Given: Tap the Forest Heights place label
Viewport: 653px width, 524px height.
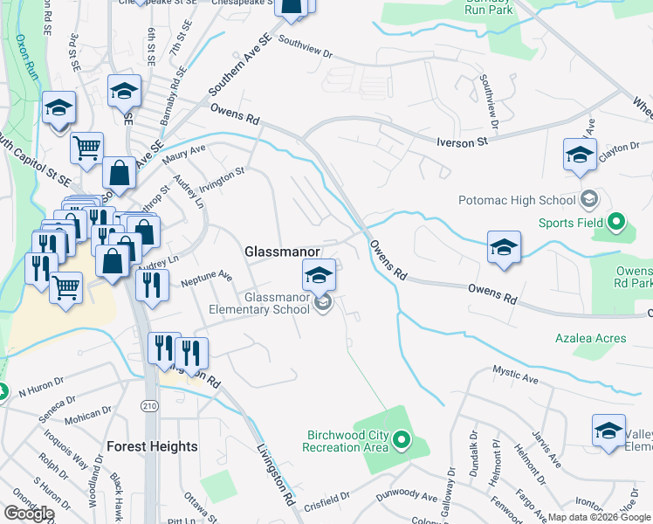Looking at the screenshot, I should click(152, 446).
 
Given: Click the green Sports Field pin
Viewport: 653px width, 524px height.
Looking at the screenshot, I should click(618, 222).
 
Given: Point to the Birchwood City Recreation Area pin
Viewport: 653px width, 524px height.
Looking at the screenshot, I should click(402, 439).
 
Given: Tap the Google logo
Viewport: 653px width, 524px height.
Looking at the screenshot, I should click(29, 514).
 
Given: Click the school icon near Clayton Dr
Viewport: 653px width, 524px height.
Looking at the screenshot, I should click(581, 155).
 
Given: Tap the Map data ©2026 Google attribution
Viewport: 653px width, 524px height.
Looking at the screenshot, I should click(599, 517).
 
